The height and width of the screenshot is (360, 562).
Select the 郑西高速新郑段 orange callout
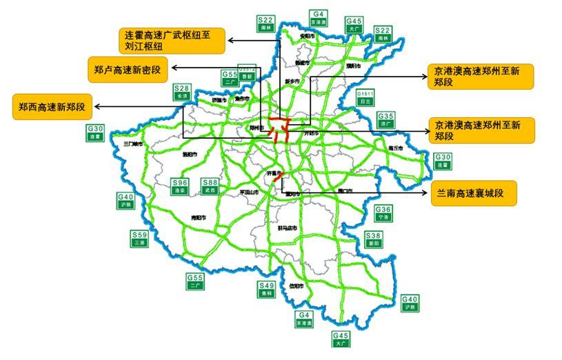point(52,107)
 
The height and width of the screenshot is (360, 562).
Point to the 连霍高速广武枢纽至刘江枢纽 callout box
point(173,41)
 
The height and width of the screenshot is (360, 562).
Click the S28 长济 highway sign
point(182,92)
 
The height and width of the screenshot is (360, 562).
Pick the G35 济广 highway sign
point(386,120)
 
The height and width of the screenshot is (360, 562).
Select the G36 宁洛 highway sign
point(383,213)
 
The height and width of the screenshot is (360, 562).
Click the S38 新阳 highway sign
point(372,239)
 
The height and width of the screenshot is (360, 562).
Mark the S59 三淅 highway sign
point(140,239)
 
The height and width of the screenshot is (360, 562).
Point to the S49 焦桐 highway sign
point(266,290)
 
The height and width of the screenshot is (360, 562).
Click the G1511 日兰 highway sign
point(365,97)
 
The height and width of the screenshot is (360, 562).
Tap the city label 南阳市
point(199,218)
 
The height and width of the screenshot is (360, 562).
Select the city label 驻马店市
point(285,228)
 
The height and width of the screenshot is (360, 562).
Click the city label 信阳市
point(296,286)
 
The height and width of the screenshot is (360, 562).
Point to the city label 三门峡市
point(132,145)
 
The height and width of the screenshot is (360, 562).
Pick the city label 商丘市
point(395,148)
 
